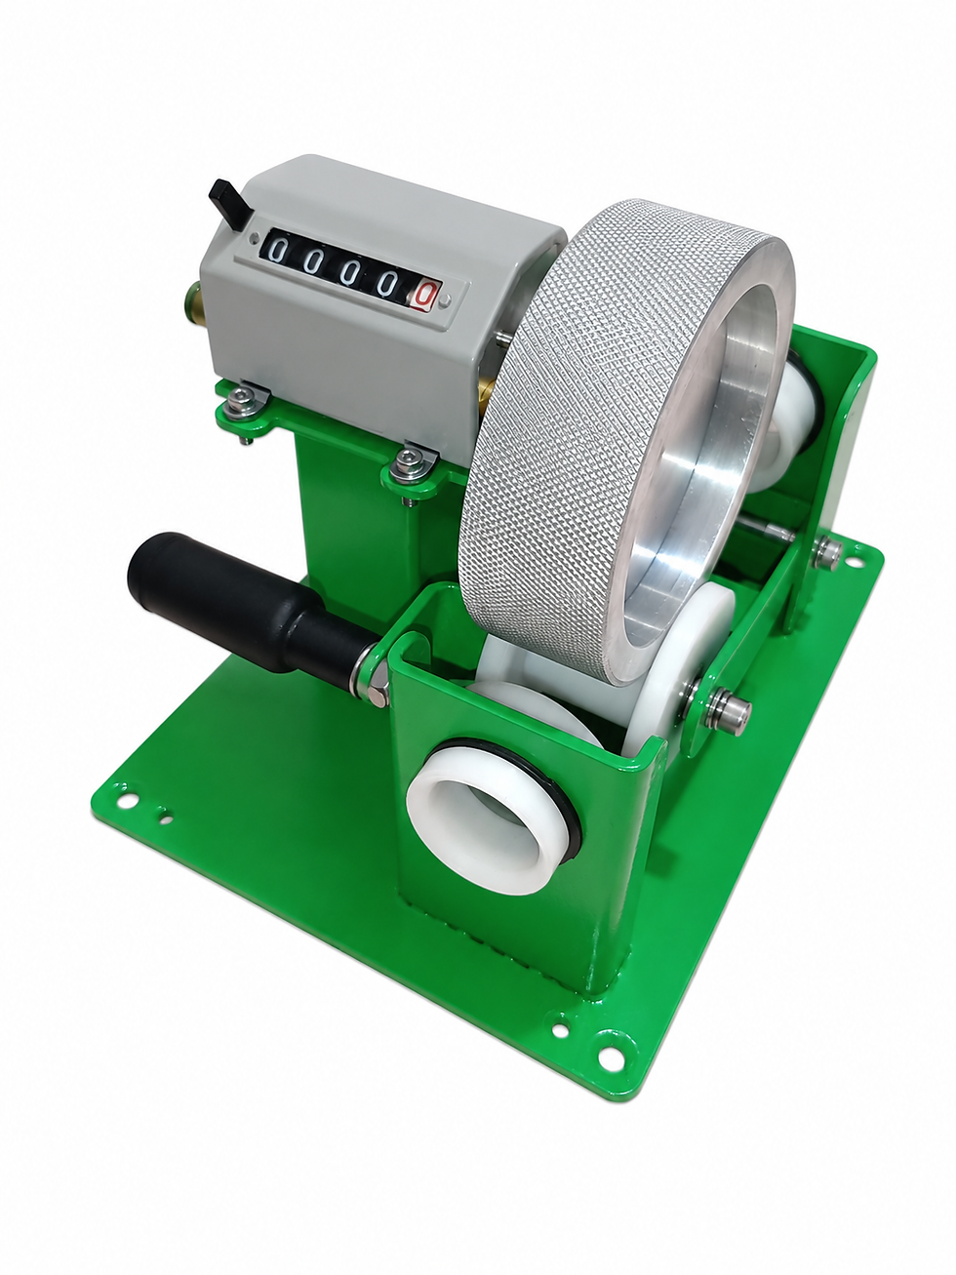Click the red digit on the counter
click(425, 295)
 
